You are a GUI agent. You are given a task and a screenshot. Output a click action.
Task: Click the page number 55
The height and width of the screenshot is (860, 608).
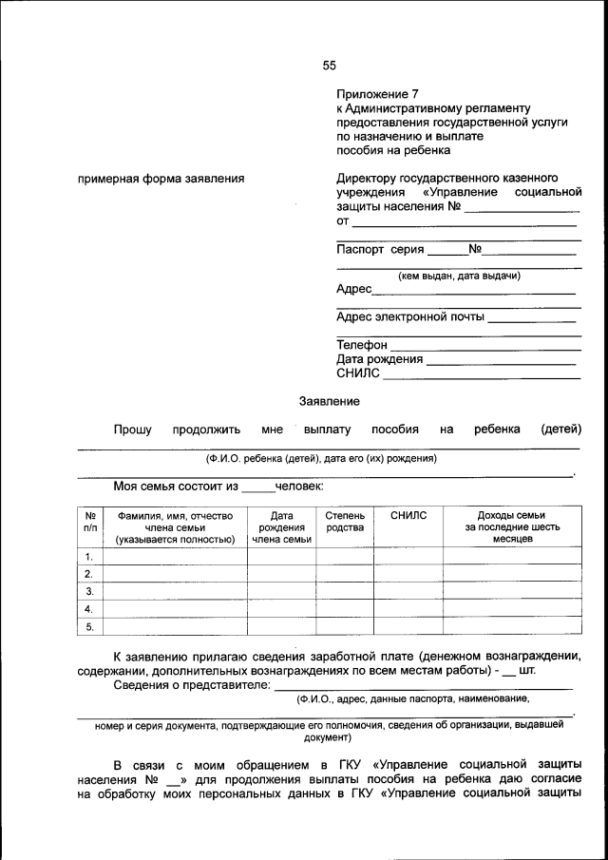point(329,66)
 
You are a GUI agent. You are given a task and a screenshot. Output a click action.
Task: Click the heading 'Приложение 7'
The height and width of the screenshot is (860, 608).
point(376,94)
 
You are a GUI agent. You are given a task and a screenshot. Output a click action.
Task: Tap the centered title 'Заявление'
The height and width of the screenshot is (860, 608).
point(329,402)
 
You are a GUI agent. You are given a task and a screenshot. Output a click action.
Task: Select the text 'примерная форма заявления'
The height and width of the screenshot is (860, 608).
point(161,178)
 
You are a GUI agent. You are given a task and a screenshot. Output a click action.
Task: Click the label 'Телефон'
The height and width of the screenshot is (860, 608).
point(362,345)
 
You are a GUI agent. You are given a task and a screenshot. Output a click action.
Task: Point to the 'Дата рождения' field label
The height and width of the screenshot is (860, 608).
point(379,359)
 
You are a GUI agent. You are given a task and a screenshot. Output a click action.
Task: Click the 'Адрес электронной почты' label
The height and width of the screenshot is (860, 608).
point(409,316)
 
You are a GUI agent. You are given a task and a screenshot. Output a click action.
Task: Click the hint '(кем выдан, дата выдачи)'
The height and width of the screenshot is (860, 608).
point(458,276)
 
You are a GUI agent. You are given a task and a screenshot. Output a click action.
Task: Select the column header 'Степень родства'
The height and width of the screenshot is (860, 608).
point(345,521)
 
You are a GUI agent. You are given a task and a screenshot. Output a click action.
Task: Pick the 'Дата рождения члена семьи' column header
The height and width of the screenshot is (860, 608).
point(281,526)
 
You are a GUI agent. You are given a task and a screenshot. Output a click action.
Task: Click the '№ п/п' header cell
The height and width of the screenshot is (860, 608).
point(89,521)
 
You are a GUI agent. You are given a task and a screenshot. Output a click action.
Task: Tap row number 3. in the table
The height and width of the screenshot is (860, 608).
point(89,591)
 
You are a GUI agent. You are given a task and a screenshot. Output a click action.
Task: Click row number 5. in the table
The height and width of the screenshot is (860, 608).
point(89,626)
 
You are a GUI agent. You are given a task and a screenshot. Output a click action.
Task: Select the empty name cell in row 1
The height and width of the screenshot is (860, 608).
point(175,556)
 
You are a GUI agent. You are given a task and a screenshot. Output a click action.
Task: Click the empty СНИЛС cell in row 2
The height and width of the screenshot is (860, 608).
point(408,573)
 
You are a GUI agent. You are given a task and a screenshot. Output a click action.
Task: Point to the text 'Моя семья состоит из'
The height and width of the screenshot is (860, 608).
point(175,487)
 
